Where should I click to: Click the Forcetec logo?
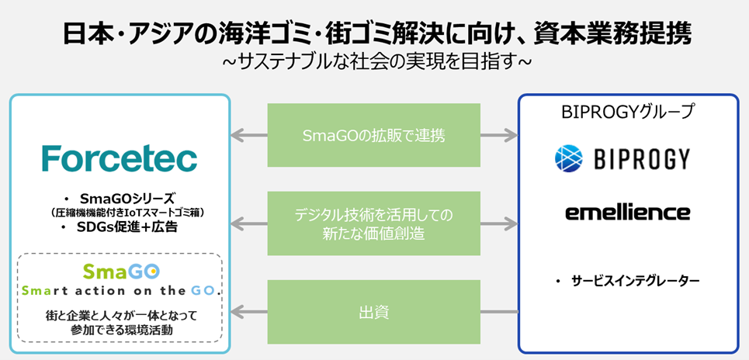(120, 158)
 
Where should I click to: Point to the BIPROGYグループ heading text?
(628, 112)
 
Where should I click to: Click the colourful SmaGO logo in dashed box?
(120, 271)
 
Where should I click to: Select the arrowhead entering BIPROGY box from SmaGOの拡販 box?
(511, 136)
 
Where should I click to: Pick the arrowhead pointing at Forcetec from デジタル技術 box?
(238, 223)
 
